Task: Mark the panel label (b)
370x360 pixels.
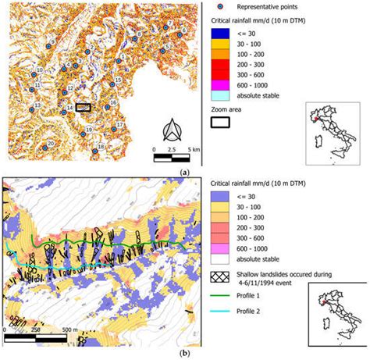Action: (x=184, y=354)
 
